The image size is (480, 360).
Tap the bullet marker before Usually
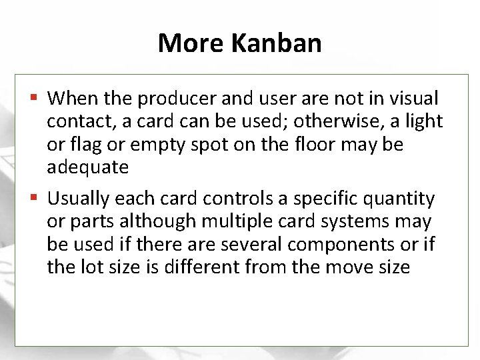pos(35,198)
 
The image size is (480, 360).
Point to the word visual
pos(412,99)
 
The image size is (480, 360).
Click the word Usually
pos(79,199)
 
